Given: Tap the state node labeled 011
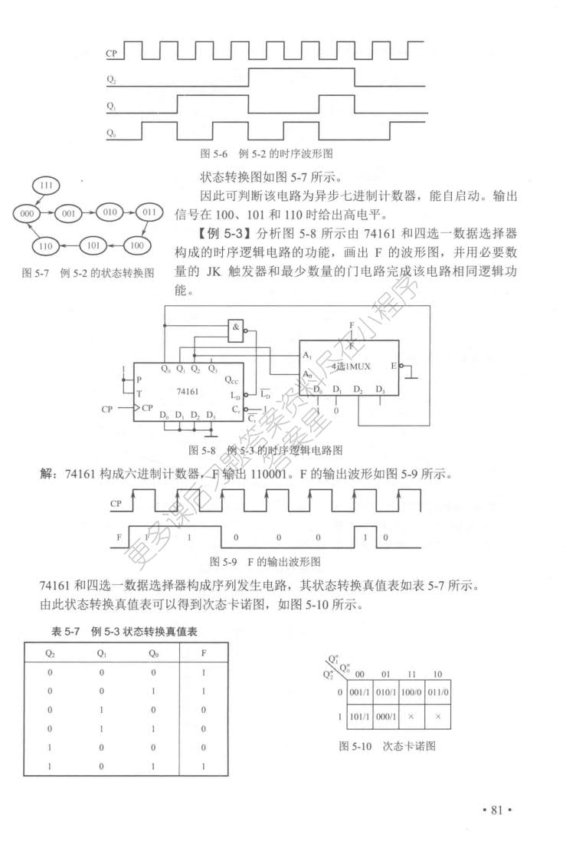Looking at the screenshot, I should pos(149,212).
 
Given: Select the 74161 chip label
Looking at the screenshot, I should pos(188,390).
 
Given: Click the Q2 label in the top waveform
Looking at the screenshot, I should pos(112,79).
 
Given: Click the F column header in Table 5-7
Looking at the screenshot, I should pos(203,654).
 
